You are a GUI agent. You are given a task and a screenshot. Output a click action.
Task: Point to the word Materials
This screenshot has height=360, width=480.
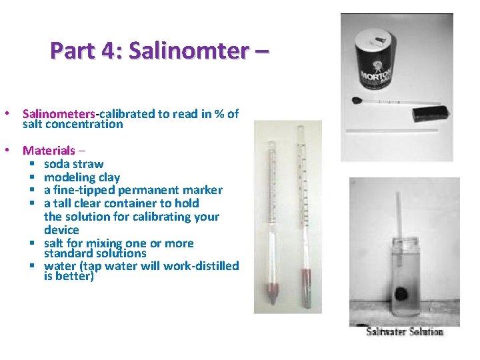coord(49,151)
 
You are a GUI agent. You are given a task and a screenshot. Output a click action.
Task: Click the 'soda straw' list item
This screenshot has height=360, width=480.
coord(73,164)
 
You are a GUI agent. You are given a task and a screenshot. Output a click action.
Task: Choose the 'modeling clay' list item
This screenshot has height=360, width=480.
coord(81,177)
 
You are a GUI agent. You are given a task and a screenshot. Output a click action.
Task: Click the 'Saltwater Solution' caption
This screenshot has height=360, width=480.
coord(404,331)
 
